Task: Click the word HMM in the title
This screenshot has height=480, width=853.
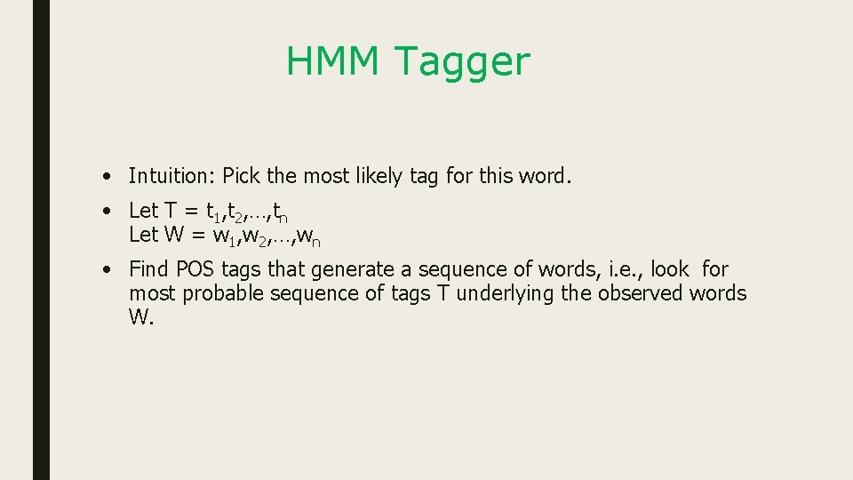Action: point(333,62)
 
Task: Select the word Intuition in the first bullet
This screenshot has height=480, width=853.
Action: point(171,176)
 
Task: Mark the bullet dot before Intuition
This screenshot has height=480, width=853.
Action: point(106,177)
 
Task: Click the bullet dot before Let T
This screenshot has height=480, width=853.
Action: point(106,212)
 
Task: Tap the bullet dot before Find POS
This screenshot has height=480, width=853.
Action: point(106,269)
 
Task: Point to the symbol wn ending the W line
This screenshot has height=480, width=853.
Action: point(308,236)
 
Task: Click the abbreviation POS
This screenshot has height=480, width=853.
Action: point(196,269)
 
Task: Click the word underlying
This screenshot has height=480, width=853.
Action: point(512,293)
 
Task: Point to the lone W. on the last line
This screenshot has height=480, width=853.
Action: point(141,317)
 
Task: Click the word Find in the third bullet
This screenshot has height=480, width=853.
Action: point(149,269)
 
